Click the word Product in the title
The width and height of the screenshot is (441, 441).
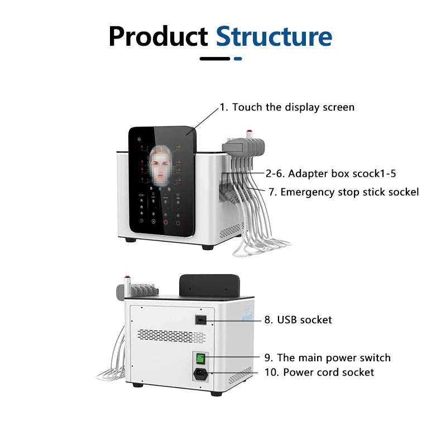coord(158,36)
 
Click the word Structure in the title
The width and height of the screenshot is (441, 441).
coord(274,36)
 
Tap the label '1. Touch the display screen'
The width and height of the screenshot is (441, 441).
coord(287,107)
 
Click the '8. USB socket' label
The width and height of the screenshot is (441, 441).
coord(298,320)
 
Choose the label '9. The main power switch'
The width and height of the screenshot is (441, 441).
coord(327,358)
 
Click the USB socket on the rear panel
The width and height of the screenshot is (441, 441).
coord(202,320)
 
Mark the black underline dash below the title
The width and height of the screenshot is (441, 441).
coord(214,58)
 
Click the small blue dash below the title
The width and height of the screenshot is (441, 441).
coord(238,58)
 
